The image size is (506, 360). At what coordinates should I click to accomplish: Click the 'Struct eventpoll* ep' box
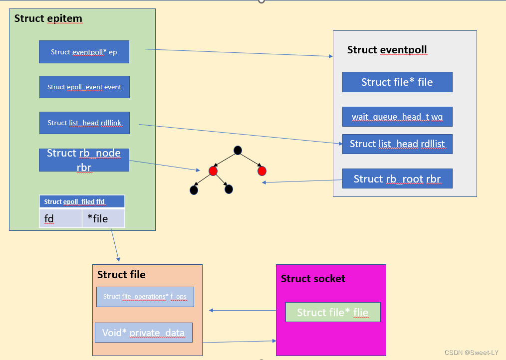coord(84,52)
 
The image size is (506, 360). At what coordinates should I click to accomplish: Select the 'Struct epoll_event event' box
coord(84,87)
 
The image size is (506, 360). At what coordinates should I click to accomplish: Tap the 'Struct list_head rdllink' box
coord(84,123)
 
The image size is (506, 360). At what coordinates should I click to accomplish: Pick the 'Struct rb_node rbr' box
coord(84,160)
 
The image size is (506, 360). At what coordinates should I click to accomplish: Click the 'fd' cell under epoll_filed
coord(60,218)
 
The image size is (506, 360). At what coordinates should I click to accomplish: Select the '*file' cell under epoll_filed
coord(103,218)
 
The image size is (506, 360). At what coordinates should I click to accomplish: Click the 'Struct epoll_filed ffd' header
coord(82,201)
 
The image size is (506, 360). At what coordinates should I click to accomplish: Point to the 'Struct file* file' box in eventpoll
coord(397,82)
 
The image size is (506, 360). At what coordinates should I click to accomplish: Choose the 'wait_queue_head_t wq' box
coord(397,117)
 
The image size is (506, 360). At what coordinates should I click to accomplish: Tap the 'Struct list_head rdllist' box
coord(397,144)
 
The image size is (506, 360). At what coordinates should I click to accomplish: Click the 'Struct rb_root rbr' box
coord(397,179)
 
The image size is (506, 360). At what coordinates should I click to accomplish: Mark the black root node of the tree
coord(238,150)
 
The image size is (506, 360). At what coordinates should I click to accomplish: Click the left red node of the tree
coord(213,171)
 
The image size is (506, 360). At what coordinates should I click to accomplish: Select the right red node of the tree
coord(262,171)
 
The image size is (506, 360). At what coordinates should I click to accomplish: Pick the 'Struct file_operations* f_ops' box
coord(145,297)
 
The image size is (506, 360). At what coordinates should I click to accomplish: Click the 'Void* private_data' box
coord(144,333)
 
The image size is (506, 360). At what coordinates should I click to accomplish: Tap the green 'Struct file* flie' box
coord(333,312)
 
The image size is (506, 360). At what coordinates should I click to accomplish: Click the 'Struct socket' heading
coord(313,279)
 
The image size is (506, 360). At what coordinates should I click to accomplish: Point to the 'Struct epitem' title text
coord(48,19)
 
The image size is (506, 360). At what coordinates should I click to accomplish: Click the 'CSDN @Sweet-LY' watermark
coord(472,353)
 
